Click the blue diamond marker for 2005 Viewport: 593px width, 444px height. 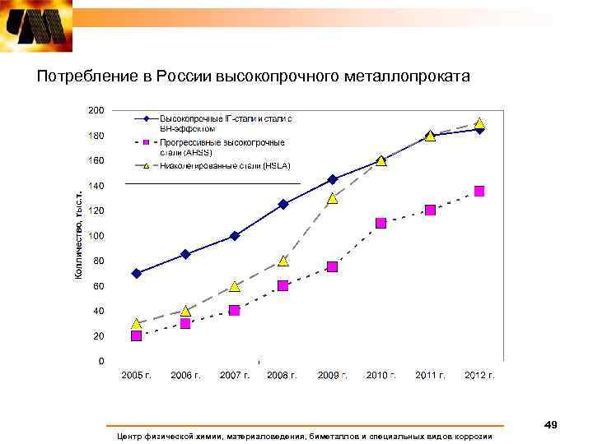136,273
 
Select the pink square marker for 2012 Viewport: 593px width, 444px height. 479,191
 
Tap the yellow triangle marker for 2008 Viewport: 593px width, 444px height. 283,260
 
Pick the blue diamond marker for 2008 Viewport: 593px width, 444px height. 283,204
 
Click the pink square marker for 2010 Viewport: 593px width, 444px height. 381,223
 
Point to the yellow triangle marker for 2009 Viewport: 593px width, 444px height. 332,197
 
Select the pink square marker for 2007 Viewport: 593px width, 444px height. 235,310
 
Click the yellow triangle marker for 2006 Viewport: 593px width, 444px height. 185,310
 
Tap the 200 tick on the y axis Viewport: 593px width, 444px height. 96,110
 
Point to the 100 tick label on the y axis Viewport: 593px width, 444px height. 96,236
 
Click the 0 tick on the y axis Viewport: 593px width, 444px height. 100,361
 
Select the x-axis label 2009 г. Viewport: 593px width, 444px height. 332,375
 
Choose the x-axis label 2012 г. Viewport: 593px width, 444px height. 479,375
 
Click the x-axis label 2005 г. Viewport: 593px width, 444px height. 137,375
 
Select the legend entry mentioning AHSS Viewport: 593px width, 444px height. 222,147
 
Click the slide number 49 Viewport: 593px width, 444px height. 551,424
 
